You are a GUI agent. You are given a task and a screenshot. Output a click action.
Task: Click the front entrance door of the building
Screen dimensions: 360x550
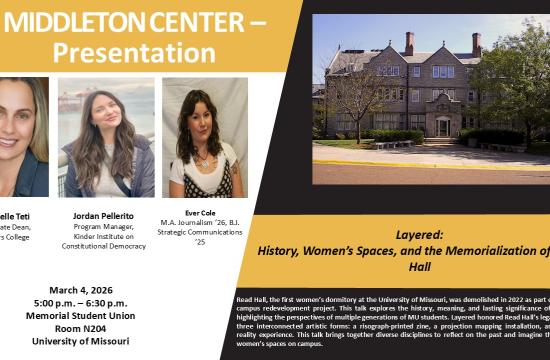(x=441, y=128)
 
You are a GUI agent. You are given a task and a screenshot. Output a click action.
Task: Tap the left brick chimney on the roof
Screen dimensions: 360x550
(x=410, y=43)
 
